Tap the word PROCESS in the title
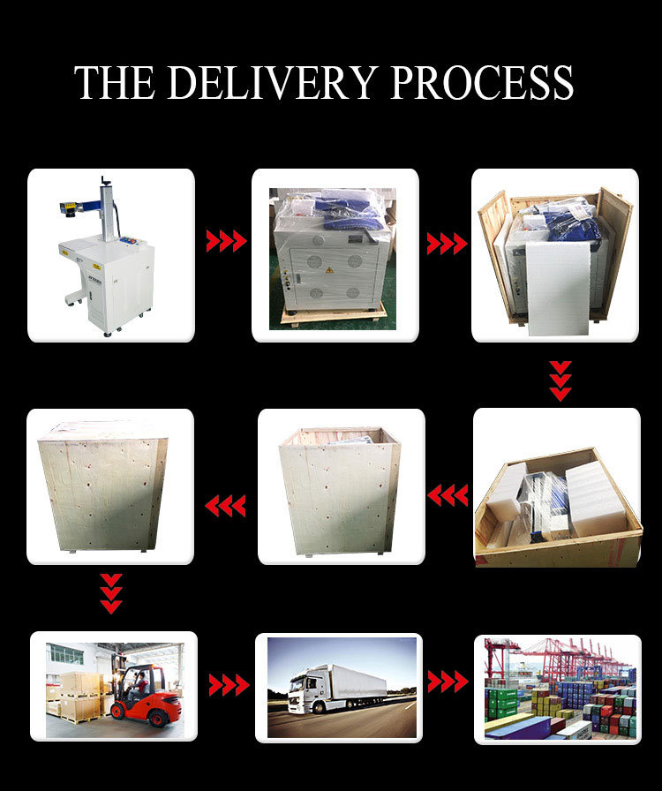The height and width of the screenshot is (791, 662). point(482,82)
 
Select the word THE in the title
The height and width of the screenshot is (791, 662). point(115,82)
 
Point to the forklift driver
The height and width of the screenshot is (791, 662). point(140,684)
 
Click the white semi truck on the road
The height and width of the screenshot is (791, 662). point(337,689)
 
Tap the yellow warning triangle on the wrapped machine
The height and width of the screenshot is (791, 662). point(329,270)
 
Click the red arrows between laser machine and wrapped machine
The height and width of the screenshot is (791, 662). point(226,241)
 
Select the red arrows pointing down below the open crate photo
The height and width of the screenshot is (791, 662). point(560,380)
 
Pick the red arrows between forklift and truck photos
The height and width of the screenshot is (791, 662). point(229,685)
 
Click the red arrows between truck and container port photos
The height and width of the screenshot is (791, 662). point(448,682)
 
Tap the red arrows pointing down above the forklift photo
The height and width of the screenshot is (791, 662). point(111,593)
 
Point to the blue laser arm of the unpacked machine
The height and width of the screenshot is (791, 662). point(91,204)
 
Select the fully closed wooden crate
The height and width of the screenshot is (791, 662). point(103,486)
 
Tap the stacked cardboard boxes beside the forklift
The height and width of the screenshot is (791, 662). point(79,697)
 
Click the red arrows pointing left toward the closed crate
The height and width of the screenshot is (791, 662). point(225,506)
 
